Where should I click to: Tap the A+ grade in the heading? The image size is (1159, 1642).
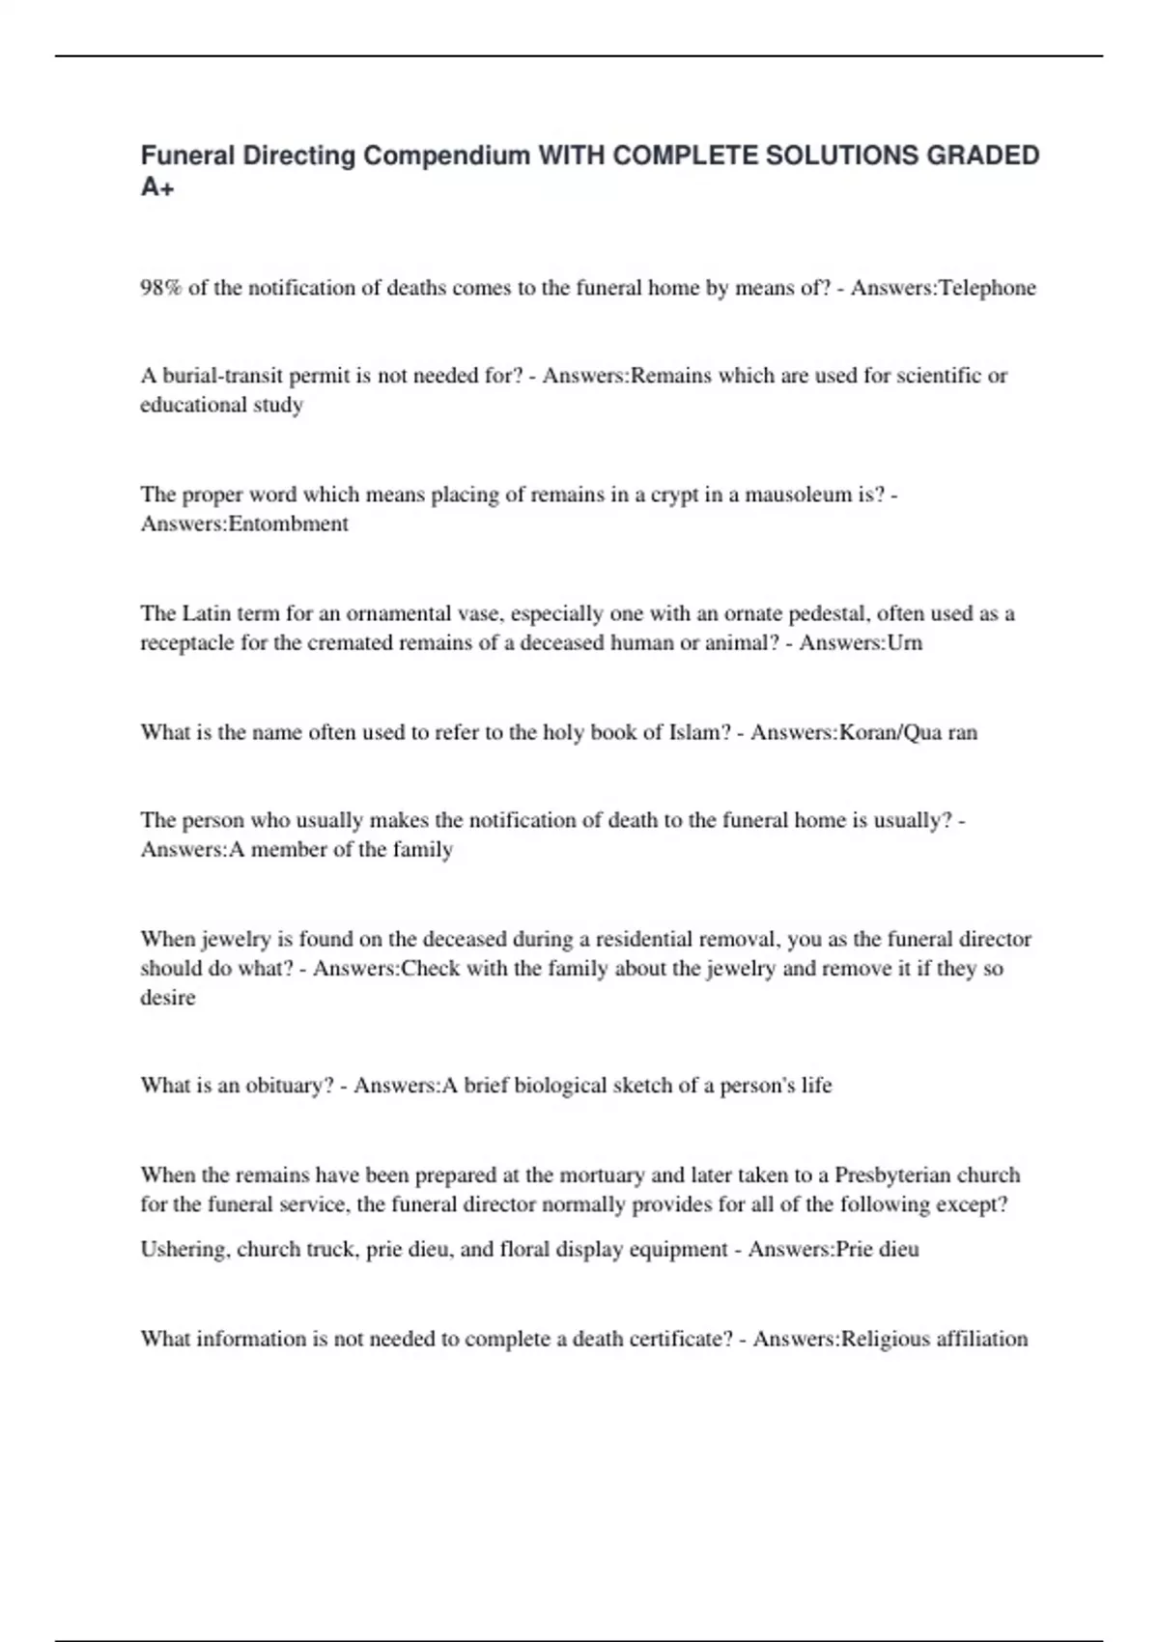tap(157, 187)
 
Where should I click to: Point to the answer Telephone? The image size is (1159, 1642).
tap(987, 288)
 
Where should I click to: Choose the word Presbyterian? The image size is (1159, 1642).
tap(926, 1175)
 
